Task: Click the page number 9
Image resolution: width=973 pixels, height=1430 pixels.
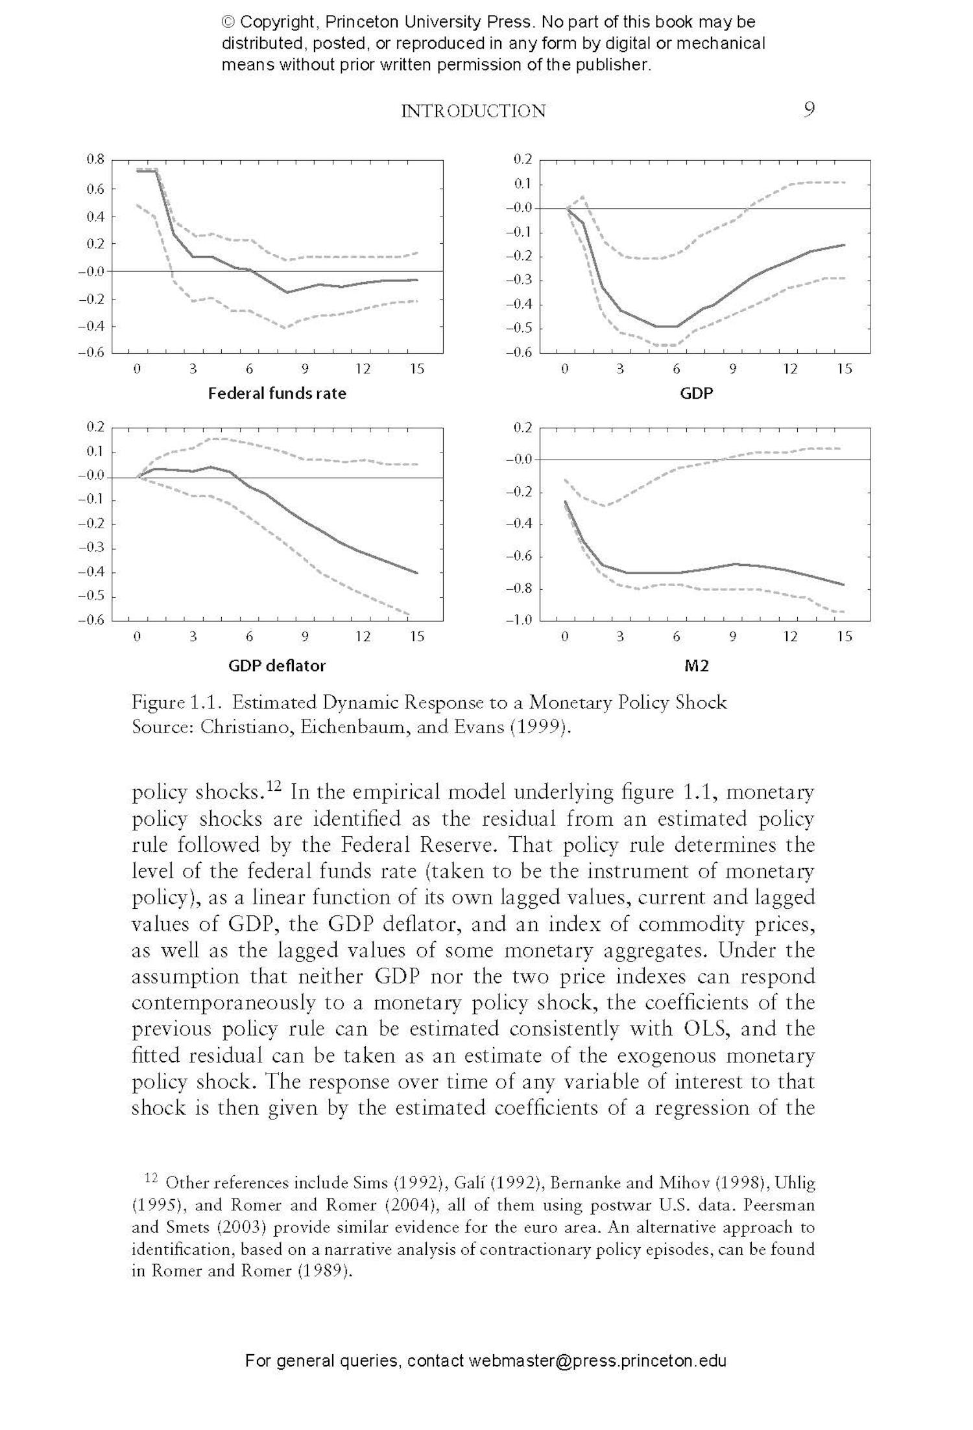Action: tap(808, 110)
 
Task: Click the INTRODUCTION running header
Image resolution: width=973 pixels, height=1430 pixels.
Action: tap(473, 111)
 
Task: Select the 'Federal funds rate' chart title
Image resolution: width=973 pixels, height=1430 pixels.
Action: tap(277, 393)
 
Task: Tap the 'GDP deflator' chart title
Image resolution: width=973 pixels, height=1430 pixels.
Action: tap(277, 665)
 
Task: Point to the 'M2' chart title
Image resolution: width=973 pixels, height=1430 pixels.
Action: tap(697, 665)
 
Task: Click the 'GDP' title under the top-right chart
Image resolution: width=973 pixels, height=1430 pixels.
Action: tap(697, 393)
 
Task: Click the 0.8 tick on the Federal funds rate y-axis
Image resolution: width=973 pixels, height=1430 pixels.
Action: tap(95, 159)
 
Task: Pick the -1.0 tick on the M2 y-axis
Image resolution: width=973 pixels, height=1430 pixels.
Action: tap(519, 620)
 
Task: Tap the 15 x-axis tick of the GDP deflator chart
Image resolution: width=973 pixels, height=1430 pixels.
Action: tap(417, 637)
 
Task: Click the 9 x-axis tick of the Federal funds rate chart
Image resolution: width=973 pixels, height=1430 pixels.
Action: tap(305, 369)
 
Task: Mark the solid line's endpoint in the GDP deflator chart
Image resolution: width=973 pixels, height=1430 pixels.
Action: tap(417, 573)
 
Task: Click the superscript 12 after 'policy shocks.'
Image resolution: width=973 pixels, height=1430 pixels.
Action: tap(274, 786)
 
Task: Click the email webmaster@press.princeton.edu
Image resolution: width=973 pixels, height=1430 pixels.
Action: tap(597, 1360)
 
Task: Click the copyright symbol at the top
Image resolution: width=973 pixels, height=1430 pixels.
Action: tap(228, 23)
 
